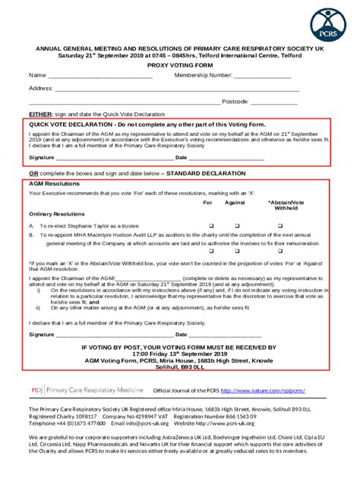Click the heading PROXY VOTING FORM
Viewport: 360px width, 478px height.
(x=180, y=67)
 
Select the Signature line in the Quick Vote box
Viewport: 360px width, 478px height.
(x=114, y=158)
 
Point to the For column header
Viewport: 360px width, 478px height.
(x=207, y=203)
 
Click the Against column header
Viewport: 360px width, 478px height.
(x=235, y=203)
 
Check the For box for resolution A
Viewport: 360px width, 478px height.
(x=212, y=226)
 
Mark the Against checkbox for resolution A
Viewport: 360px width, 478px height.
(x=236, y=226)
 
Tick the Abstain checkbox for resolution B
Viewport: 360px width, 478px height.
(x=285, y=235)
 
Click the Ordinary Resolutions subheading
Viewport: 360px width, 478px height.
(x=57, y=214)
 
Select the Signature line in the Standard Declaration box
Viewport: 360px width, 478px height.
(x=114, y=334)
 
